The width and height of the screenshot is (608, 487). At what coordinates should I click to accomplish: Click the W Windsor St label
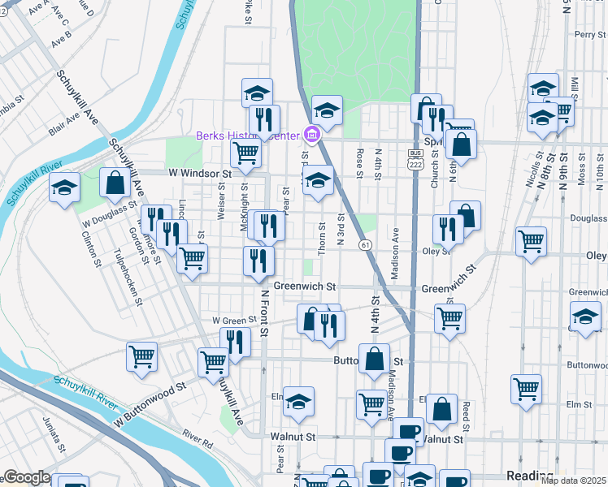pyautogui.click(x=200, y=173)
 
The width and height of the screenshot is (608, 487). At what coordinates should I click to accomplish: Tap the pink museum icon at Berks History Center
pyautogui.click(x=311, y=135)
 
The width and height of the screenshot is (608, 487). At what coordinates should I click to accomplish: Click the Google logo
pyautogui.click(x=26, y=477)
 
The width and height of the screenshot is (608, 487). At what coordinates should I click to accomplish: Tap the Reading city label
pyautogui.click(x=529, y=475)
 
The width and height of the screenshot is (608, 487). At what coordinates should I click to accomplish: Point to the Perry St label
pyautogui.click(x=590, y=35)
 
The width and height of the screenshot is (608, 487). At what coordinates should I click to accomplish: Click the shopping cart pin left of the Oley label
pyautogui.click(x=531, y=241)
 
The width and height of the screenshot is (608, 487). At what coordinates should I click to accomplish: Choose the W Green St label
pyautogui.click(x=234, y=321)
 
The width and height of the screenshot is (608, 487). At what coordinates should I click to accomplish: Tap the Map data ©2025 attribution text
pyautogui.click(x=573, y=481)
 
